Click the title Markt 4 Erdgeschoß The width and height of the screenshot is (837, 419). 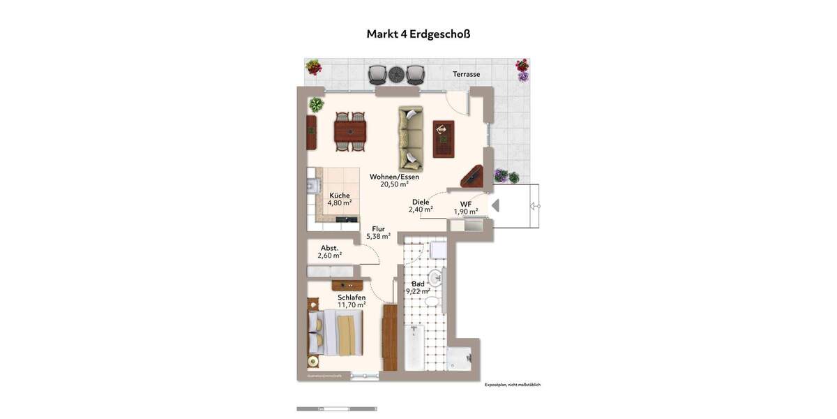(418, 34)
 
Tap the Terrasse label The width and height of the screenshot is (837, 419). (466, 74)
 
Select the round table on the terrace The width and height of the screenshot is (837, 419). (396, 73)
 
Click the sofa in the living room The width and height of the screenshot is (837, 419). (410, 138)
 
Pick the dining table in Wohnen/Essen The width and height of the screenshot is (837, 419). (350, 131)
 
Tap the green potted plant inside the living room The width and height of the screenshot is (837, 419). (317, 105)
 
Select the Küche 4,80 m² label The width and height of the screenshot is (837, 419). (339, 199)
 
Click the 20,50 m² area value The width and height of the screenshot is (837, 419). (394, 185)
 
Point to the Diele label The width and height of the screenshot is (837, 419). (421, 202)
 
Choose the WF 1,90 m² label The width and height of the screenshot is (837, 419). (465, 208)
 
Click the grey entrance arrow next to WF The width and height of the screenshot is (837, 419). (496, 205)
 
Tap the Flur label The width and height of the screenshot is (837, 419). (379, 228)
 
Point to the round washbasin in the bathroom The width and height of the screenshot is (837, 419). (435, 277)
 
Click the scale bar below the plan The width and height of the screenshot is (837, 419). (336, 409)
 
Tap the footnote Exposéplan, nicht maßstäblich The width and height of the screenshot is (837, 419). (513, 385)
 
